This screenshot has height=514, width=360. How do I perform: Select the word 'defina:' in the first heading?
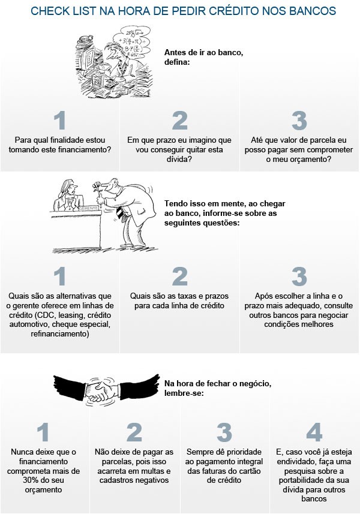[177, 62]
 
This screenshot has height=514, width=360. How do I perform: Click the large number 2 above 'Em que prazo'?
[179, 121]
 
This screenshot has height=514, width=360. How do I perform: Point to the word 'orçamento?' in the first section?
[298, 160]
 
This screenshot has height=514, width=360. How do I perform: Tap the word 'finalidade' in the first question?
[68, 140]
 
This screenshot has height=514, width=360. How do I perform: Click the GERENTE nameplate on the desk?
[88, 208]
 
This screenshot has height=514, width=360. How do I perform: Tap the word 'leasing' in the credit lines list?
[74, 315]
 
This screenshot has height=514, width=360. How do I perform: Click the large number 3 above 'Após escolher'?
[299, 276]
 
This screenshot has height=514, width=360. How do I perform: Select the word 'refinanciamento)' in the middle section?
[59, 334]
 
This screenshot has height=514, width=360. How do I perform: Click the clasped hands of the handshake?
[102, 390]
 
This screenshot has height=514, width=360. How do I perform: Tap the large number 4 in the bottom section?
[314, 432]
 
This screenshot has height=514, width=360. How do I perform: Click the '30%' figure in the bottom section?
[31, 480]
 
